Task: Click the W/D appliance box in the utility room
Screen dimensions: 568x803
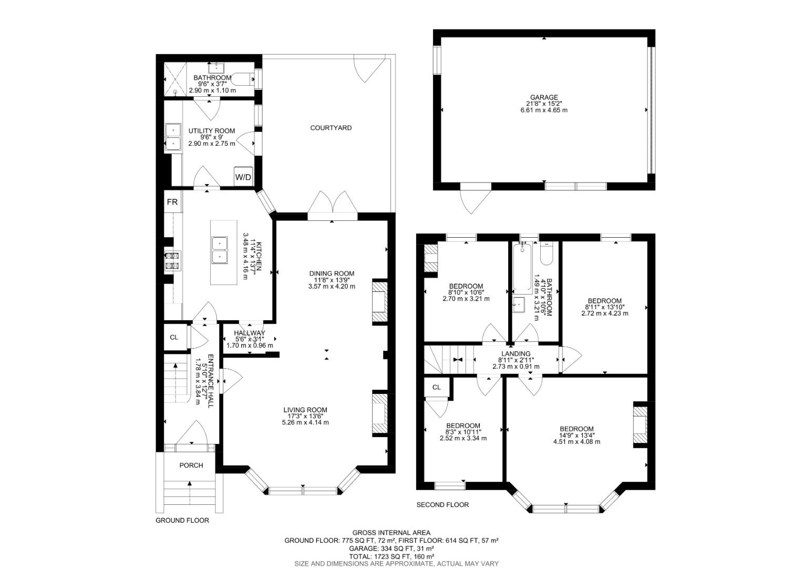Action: pyautogui.click(x=243, y=177)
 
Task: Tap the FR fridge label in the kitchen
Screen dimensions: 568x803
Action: pyautogui.click(x=172, y=202)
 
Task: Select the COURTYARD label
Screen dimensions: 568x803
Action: pyautogui.click(x=331, y=128)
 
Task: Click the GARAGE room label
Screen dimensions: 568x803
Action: pyautogui.click(x=543, y=97)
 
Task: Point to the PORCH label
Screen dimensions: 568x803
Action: pyautogui.click(x=191, y=465)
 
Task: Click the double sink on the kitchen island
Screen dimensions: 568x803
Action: pyautogui.click(x=219, y=250)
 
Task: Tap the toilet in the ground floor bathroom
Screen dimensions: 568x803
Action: pyautogui.click(x=243, y=79)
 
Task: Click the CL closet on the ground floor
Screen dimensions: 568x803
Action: pyautogui.click(x=174, y=337)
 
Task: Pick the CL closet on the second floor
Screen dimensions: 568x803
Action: pyautogui.click(x=436, y=388)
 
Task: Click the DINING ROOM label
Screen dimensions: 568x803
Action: pyautogui.click(x=331, y=273)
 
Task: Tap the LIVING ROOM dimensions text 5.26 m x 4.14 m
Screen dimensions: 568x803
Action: pyautogui.click(x=305, y=422)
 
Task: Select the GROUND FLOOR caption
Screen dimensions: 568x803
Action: pyautogui.click(x=182, y=521)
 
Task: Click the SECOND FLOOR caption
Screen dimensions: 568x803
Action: pyautogui.click(x=442, y=505)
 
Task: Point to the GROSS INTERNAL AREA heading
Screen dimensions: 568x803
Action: pyautogui.click(x=391, y=533)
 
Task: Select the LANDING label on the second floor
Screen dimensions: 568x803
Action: pyautogui.click(x=516, y=353)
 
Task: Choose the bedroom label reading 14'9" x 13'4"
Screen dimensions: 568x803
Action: pyautogui.click(x=576, y=435)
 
